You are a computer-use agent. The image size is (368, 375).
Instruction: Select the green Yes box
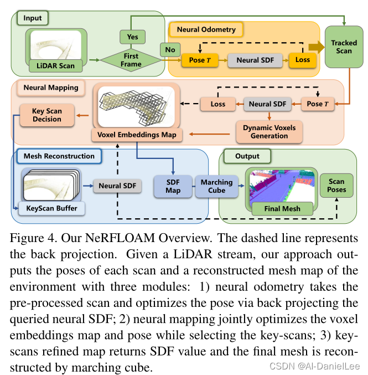pos(133,37)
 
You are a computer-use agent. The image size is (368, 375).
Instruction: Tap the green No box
pos(170,50)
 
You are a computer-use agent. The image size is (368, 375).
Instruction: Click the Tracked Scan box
pos(344,47)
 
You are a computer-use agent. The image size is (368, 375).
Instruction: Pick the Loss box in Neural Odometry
pos(303,59)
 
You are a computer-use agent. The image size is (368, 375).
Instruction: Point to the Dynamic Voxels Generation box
pos(269,131)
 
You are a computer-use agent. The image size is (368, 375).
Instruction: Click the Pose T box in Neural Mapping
pos(319,104)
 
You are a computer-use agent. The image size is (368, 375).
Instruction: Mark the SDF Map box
pos(173,187)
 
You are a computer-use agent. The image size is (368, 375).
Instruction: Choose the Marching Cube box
pos(217,187)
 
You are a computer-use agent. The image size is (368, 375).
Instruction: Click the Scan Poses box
pos(336,186)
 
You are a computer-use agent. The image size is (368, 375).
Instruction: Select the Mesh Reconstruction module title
pos(59,156)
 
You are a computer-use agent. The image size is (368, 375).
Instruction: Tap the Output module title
pos(247,156)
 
